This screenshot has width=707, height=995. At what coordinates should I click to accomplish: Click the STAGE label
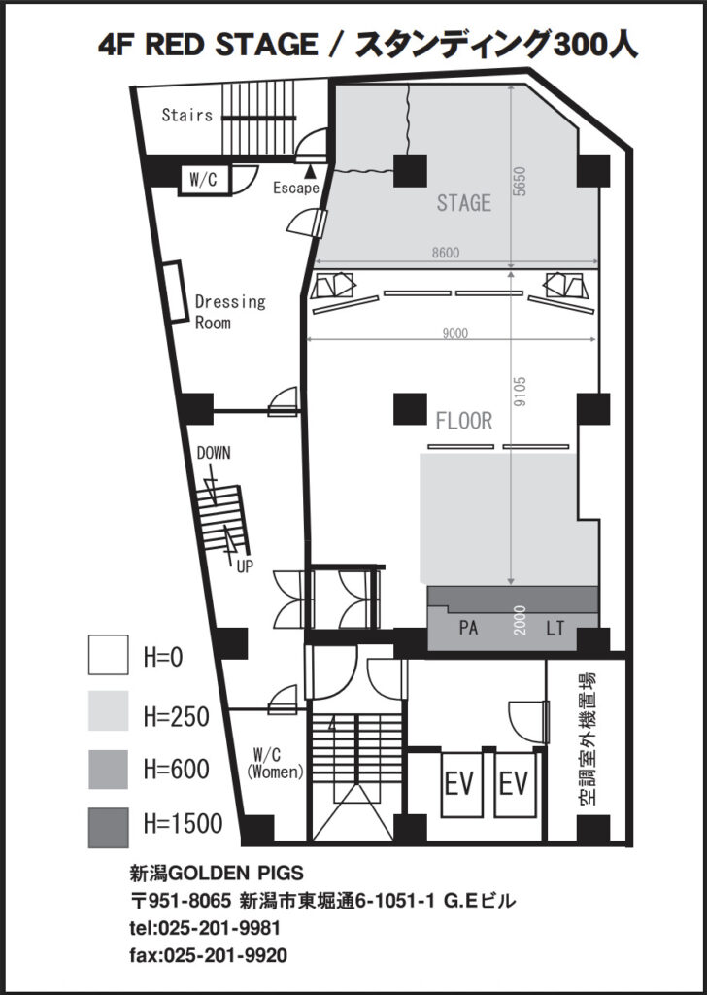coord(463,203)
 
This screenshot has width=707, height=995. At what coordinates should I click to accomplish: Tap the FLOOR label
coord(463,420)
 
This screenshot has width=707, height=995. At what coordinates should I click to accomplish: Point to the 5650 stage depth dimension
coord(521,181)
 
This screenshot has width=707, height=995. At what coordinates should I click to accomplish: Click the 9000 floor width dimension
coord(454,334)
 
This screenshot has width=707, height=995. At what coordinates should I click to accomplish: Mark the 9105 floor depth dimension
coord(521,392)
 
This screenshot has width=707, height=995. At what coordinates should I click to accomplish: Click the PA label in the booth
coord(468,629)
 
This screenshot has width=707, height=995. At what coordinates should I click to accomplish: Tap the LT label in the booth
coord(555,629)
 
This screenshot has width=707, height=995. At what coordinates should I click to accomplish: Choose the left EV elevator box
coord(460,785)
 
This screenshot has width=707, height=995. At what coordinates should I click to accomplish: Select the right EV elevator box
coord(514,785)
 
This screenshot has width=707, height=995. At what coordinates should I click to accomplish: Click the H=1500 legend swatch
coord(108,828)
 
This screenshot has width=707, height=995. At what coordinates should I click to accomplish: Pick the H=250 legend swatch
coord(108,710)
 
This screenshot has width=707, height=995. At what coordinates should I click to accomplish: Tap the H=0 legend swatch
coord(108,654)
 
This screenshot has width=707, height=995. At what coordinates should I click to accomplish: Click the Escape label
coord(296,189)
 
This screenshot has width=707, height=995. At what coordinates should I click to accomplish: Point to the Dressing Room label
coord(230,312)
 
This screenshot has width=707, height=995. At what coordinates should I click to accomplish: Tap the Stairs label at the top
coord(187,115)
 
